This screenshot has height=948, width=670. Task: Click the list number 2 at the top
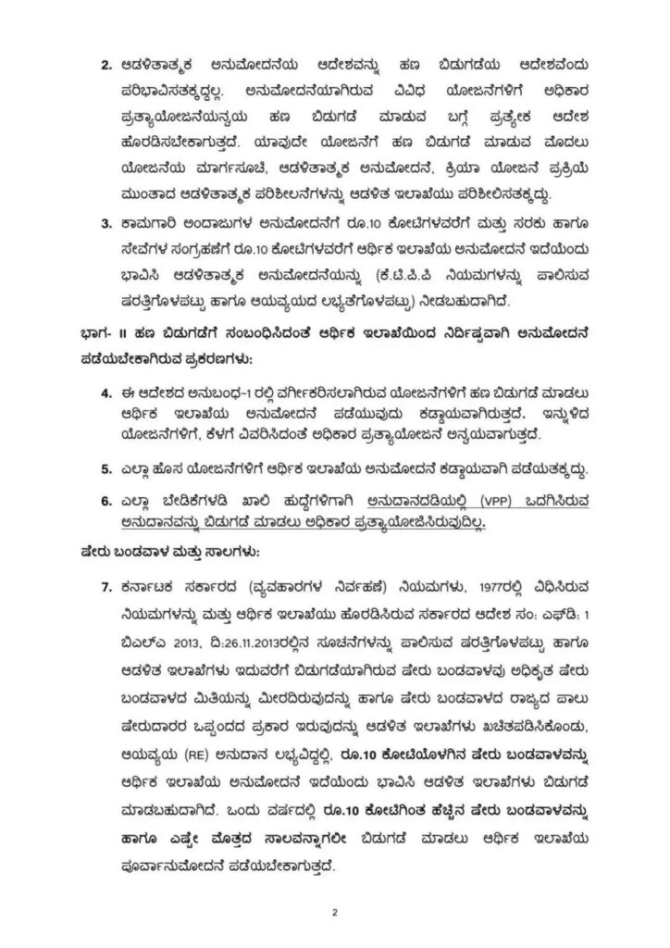click(105, 67)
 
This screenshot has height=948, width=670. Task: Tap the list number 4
click(105, 394)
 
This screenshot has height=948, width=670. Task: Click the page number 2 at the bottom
click(335, 913)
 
